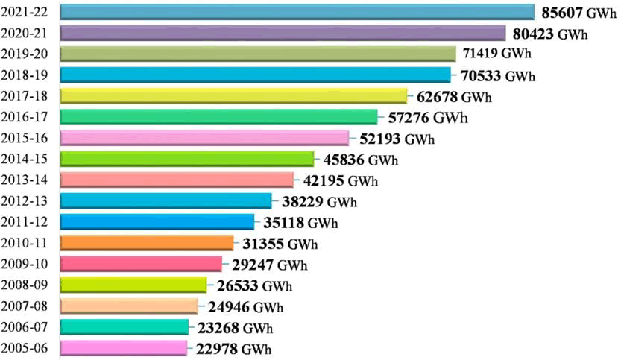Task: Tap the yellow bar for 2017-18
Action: [x=233, y=95]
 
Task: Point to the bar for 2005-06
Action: [x=123, y=347]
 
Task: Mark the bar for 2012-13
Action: [x=165, y=200]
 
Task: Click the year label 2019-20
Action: [x=25, y=54]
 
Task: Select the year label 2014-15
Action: [x=25, y=160]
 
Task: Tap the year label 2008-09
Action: [x=25, y=285]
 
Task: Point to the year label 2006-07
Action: [x=25, y=327]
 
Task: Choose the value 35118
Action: [x=284, y=222]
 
